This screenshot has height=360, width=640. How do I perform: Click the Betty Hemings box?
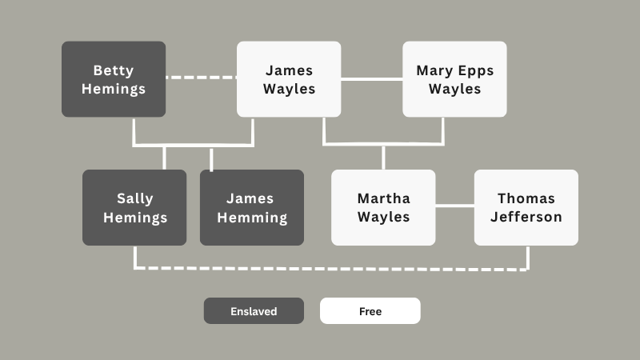(x=114, y=79)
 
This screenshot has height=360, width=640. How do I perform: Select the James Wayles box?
(x=289, y=79)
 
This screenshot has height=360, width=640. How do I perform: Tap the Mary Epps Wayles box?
(x=454, y=79)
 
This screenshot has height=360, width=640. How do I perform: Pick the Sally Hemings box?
(x=134, y=207)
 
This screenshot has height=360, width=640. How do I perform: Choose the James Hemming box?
(x=252, y=207)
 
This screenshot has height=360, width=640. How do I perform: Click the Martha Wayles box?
(x=383, y=207)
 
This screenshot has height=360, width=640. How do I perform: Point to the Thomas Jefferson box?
(x=526, y=207)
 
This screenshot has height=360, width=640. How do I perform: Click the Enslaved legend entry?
(x=254, y=311)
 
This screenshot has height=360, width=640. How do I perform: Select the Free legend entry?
(x=370, y=311)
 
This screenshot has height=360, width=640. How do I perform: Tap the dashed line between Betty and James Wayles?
(x=201, y=78)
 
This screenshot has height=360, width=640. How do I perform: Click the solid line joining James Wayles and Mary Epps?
(x=371, y=79)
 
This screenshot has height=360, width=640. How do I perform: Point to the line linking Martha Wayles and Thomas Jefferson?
(x=454, y=206)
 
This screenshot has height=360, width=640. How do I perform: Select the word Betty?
(x=114, y=70)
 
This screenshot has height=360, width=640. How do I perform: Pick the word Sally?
(x=134, y=198)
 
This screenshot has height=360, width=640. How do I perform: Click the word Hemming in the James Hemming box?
(x=252, y=217)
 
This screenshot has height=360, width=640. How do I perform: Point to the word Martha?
(x=383, y=198)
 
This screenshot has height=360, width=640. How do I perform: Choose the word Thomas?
(x=526, y=198)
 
